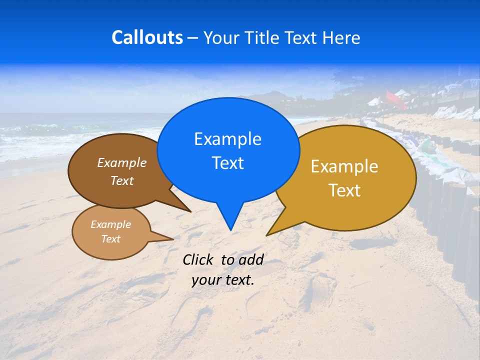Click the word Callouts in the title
[x=147, y=38]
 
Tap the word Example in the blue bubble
[x=227, y=139]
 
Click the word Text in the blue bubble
[x=227, y=163]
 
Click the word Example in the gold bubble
[x=344, y=166]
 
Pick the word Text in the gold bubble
[x=344, y=190]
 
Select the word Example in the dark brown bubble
[x=122, y=162]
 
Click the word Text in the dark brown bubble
[x=122, y=180]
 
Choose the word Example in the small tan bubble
[x=110, y=224]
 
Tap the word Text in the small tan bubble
[x=110, y=239]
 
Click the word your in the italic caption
[x=204, y=280]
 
